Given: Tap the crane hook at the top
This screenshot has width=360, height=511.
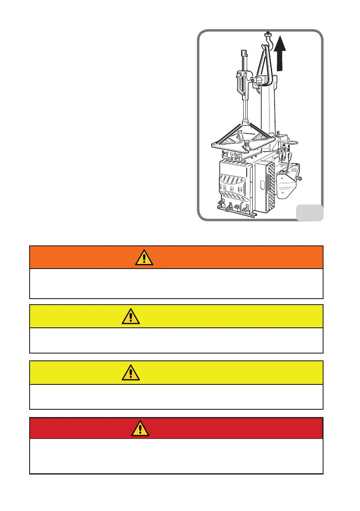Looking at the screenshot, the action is tap(269, 41).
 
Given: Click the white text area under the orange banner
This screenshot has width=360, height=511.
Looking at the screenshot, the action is tap(176, 283).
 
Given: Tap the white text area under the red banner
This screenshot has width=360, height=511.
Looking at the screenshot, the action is tap(176, 456).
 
